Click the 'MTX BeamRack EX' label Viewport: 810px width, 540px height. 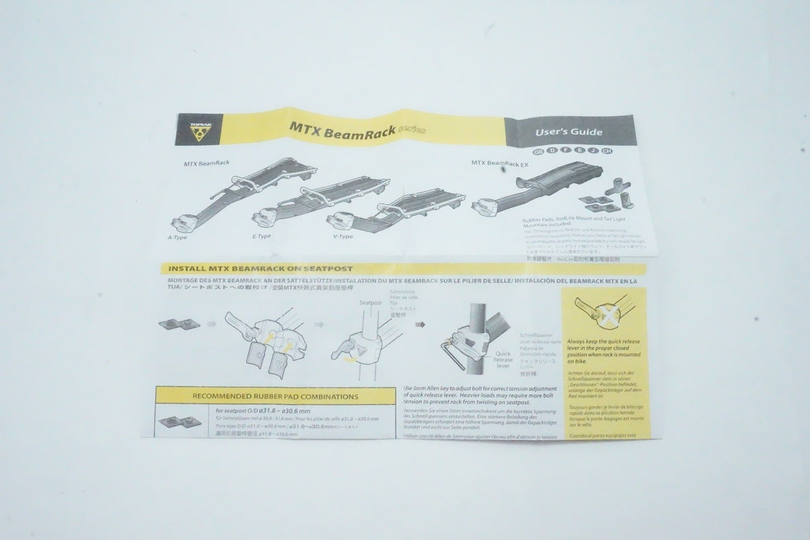[500, 163]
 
